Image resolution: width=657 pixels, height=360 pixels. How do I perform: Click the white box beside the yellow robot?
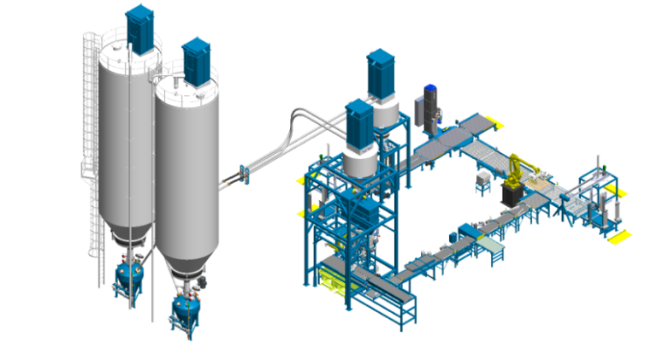[485, 179]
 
